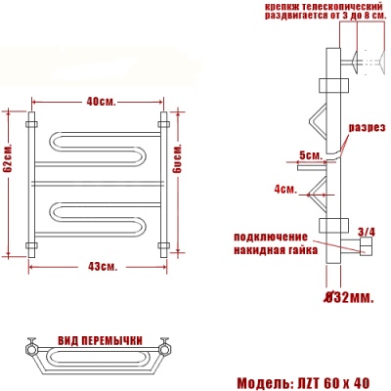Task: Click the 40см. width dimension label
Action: pos(100,102)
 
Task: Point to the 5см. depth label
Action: pos(310,154)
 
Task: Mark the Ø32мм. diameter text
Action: pos(348,295)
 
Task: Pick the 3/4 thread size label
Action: pos(367,232)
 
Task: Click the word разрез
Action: pos(368,128)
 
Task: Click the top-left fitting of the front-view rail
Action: pos(33,124)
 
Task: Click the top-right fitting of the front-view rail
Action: pos(165,124)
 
